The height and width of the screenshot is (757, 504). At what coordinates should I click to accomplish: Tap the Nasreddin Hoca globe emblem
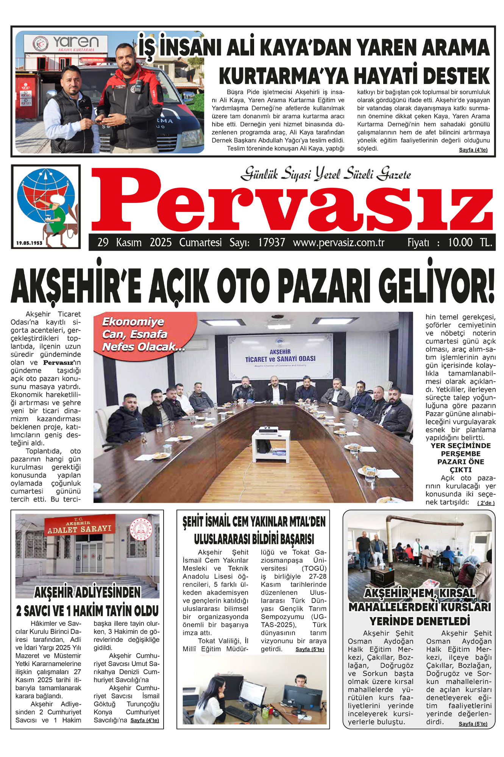click(x=45, y=202)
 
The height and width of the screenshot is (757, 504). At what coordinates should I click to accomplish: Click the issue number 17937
click(x=272, y=242)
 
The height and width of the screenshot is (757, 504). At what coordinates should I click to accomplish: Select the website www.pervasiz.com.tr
click(x=339, y=242)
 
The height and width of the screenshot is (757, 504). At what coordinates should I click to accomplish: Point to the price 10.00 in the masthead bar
click(x=460, y=242)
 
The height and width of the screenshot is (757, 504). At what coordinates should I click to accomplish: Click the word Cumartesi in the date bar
click(x=200, y=242)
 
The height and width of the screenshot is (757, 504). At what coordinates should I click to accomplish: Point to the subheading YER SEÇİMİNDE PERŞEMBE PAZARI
click(x=460, y=458)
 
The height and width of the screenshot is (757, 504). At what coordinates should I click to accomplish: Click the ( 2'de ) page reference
click(x=486, y=503)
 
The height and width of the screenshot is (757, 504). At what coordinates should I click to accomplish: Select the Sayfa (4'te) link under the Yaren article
click(x=473, y=150)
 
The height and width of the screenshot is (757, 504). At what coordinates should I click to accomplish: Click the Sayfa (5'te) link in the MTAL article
click(x=310, y=649)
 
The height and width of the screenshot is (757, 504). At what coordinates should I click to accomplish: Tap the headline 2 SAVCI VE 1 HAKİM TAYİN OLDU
click(x=87, y=611)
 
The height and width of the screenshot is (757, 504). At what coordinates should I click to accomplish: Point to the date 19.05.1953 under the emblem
click(x=30, y=243)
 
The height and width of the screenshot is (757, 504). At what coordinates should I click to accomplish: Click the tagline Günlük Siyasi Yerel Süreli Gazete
click(x=326, y=174)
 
